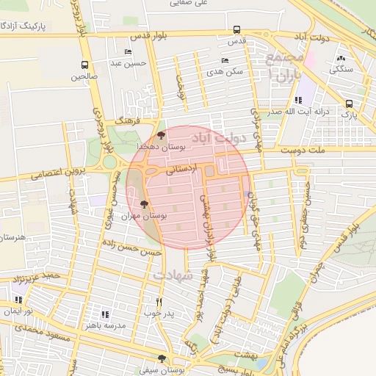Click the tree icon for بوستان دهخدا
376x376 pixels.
pos(161,135)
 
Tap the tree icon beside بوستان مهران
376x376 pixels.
pos(143,205)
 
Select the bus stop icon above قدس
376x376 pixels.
pos(236,30)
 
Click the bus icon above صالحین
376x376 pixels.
pos(84,65)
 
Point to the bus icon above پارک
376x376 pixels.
pos(349,104)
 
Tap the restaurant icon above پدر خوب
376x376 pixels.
pos(159,301)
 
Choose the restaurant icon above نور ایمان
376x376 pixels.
pos(18,300)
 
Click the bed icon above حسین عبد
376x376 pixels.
pos(129,52)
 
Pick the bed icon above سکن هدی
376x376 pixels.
pos(224,61)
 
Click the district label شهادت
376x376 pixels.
pos(173,275)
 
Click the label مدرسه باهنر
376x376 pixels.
pos(106,325)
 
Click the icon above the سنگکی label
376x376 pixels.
pos(340,59)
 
